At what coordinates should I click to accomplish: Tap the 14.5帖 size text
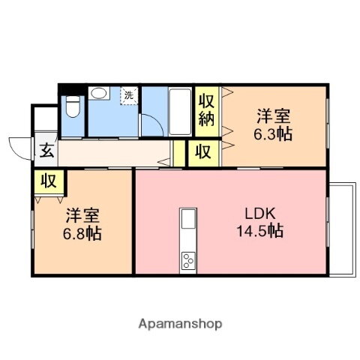pos(259,232)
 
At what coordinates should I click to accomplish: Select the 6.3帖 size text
pos(273,135)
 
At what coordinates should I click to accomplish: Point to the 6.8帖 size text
pos(82,233)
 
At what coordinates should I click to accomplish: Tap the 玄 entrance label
pos(46,150)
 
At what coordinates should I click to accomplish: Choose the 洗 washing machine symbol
pos(129,95)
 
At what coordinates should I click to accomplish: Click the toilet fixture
pos(72,107)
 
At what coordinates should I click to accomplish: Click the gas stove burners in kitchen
pos(187,262)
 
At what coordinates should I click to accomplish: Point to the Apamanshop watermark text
pos(180,324)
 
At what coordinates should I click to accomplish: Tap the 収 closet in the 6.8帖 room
pos(49,181)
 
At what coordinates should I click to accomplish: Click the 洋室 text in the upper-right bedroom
pos(273,117)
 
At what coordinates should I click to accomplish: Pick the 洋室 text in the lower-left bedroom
pos(81,215)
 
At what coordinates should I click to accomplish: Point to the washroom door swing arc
pos(151,126)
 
